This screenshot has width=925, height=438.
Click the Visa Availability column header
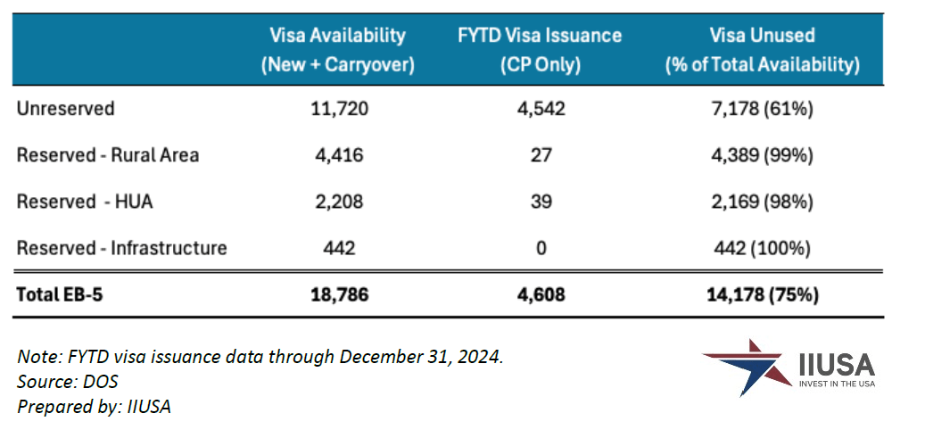pos(337,50)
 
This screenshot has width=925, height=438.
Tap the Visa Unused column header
pos(762,50)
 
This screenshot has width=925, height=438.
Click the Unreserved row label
pos(66,109)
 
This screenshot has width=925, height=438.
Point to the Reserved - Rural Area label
pos(108,155)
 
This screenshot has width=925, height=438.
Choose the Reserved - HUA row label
pos(85,202)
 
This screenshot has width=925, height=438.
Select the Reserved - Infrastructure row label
pos(122,248)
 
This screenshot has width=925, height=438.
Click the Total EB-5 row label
pos(60,295)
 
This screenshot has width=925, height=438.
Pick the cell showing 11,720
pos(338,109)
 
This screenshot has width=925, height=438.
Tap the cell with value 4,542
pos(541,109)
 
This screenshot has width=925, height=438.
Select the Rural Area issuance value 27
pos(541,155)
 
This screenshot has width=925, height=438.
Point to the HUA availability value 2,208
pos(338,202)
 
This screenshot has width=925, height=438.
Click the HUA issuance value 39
pos(541,202)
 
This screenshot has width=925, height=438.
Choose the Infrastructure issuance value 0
pos(541,248)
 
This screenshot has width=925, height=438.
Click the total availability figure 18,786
pos(338,295)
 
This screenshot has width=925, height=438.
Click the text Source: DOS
pos(68,381)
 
